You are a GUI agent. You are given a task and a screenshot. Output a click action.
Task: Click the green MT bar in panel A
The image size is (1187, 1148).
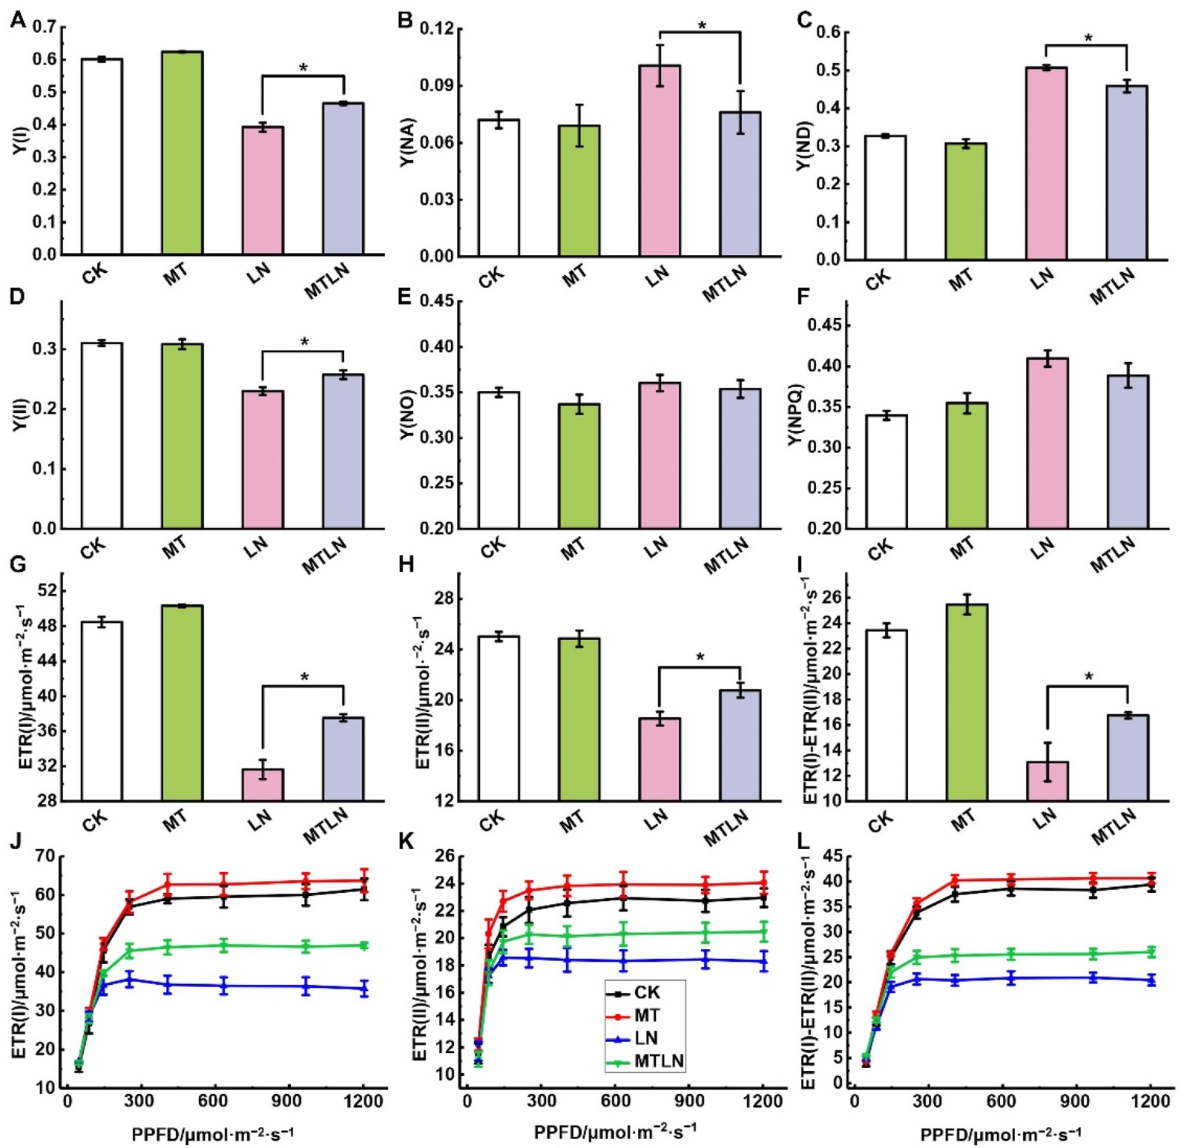point(182,153)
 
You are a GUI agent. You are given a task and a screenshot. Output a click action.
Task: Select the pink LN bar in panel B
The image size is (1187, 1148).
point(660,161)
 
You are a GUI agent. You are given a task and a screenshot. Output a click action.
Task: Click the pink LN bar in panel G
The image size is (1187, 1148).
point(263,785)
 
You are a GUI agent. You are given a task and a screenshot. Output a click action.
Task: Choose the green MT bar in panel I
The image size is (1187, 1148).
point(966,702)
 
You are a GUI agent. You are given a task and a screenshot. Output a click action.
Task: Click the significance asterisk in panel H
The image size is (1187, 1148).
point(700,658)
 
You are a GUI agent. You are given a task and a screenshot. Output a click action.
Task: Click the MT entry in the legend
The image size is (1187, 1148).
point(646,1015)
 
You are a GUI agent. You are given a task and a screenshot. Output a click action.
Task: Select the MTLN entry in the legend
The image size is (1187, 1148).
point(659,1061)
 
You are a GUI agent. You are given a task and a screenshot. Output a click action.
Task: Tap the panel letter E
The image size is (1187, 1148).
point(404,297)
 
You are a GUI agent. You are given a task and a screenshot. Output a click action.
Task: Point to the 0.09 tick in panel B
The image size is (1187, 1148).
point(437,86)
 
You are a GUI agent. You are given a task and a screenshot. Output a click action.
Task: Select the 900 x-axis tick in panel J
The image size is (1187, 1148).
point(286,1101)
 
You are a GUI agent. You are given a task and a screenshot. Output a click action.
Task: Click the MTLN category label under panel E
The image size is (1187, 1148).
point(726,556)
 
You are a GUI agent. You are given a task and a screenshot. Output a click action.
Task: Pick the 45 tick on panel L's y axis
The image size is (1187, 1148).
point(832,857)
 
